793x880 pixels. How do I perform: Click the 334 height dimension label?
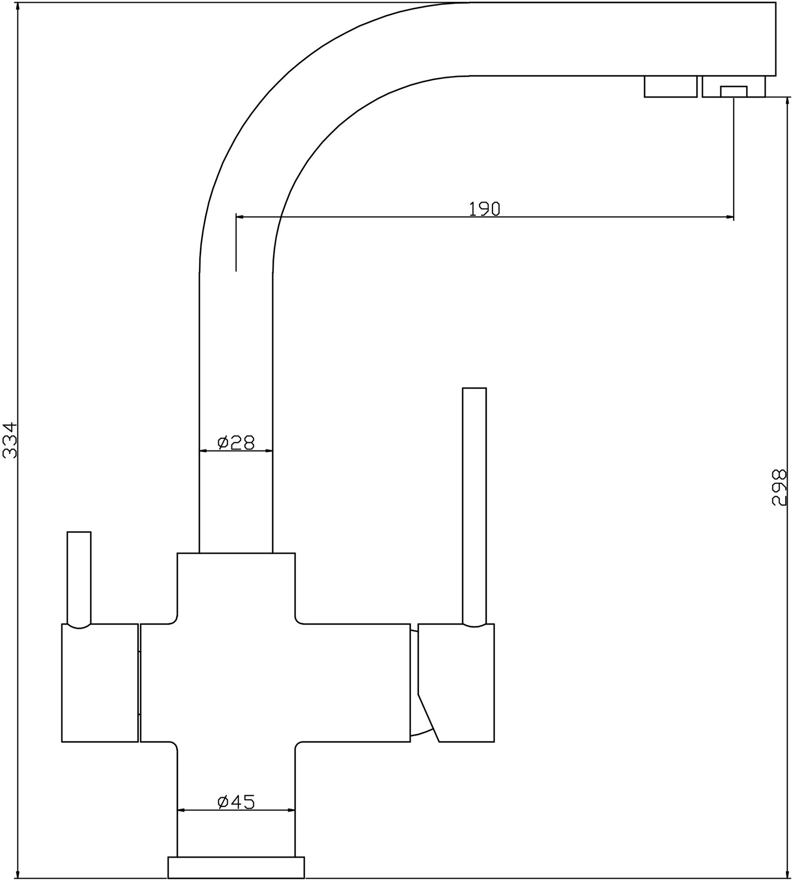click(x=10, y=440)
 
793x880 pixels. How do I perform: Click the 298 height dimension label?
click(x=779, y=488)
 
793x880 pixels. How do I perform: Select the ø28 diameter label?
click(x=236, y=442)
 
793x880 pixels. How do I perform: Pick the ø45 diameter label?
click(x=236, y=802)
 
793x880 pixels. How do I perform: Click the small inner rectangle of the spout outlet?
click(x=734, y=92)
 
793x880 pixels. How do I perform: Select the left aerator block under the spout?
click(x=671, y=86)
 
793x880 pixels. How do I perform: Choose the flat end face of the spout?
click(x=775, y=39)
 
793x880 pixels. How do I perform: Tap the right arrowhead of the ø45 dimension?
click(x=291, y=810)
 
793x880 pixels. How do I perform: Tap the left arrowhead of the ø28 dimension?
click(x=204, y=451)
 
